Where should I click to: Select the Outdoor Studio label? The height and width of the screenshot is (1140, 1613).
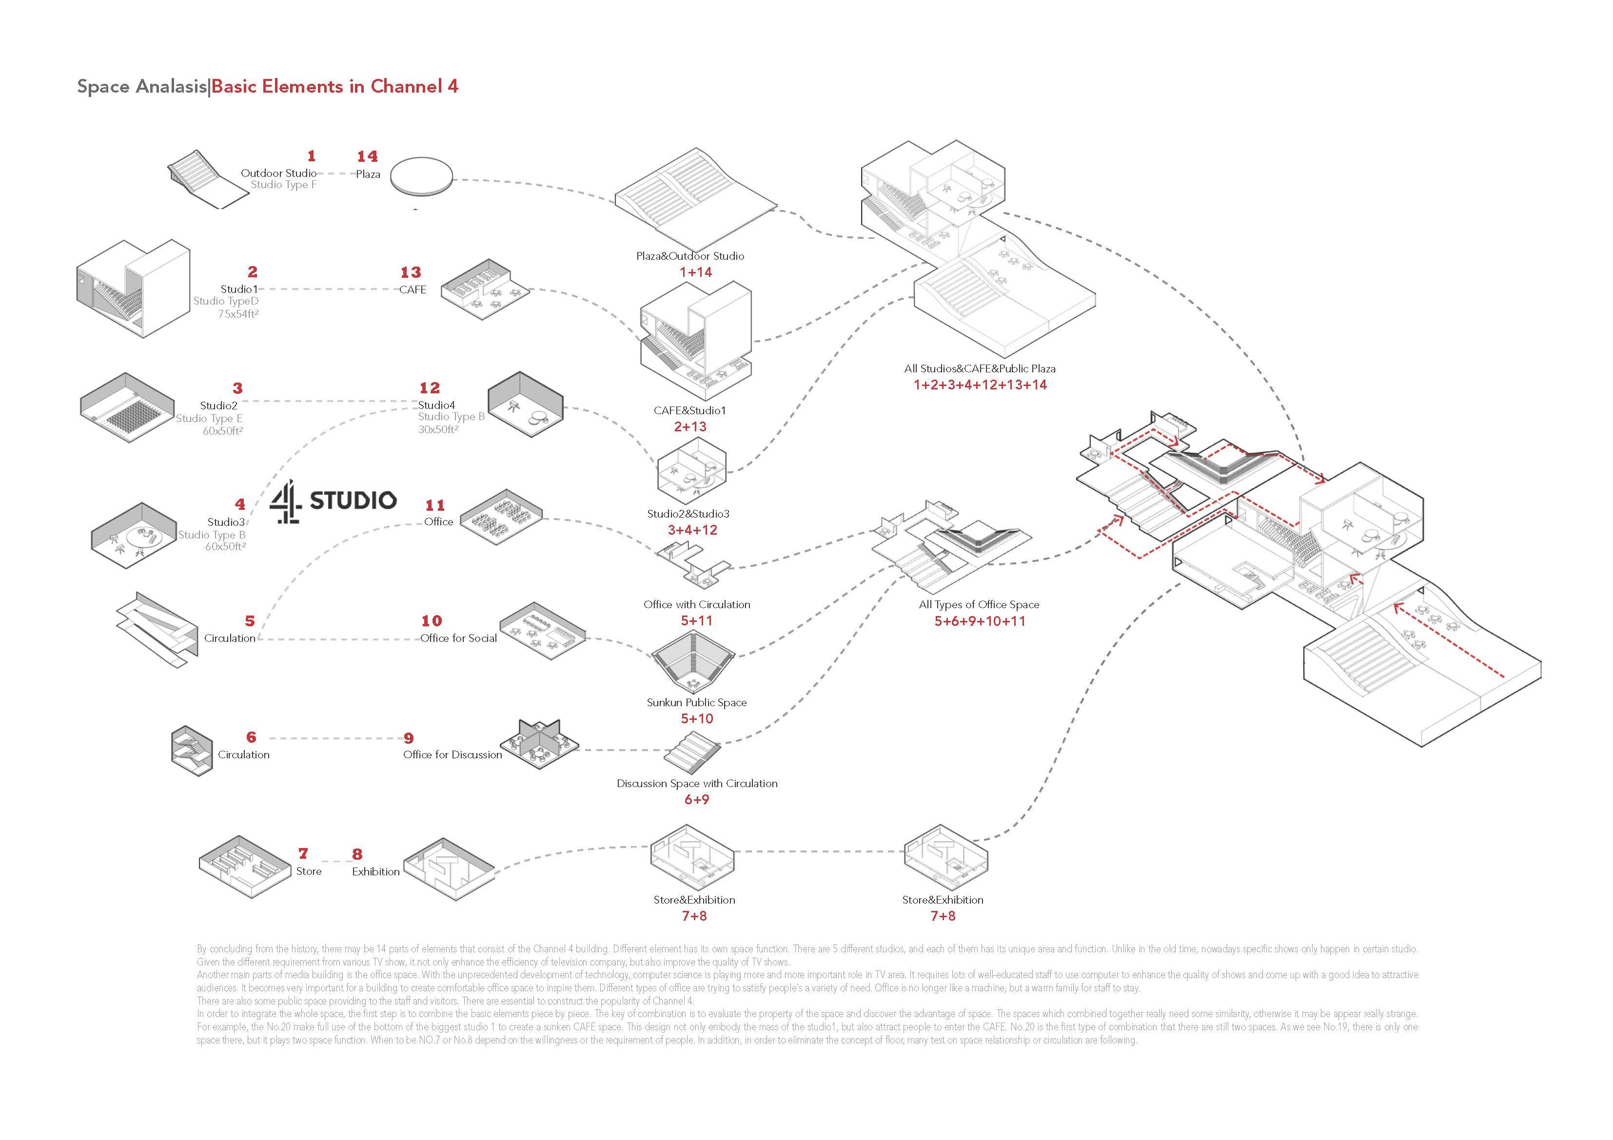click(x=278, y=173)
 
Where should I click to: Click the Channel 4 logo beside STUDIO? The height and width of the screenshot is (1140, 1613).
click(x=286, y=502)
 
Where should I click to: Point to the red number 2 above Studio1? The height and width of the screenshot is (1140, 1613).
click(x=252, y=272)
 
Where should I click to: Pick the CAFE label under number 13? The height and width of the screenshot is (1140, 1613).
click(x=413, y=290)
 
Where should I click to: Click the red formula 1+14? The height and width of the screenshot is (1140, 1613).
click(x=695, y=272)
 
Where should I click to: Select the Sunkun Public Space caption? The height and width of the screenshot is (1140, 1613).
click(x=696, y=702)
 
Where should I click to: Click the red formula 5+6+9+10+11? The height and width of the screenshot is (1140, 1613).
click(x=979, y=621)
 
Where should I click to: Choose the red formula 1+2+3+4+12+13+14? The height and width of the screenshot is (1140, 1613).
click(x=979, y=385)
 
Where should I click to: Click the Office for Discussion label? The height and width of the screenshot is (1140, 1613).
click(x=452, y=754)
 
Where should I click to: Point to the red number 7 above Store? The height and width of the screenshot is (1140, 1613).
click(x=303, y=853)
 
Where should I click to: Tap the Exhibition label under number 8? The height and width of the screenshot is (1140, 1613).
click(x=376, y=871)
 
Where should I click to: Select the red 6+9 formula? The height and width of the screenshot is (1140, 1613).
click(x=696, y=799)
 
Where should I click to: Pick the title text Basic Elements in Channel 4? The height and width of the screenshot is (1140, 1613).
click(x=334, y=86)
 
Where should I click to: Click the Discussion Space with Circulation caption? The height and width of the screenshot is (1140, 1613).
click(x=697, y=783)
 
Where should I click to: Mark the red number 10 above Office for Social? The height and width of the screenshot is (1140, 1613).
click(x=432, y=621)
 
